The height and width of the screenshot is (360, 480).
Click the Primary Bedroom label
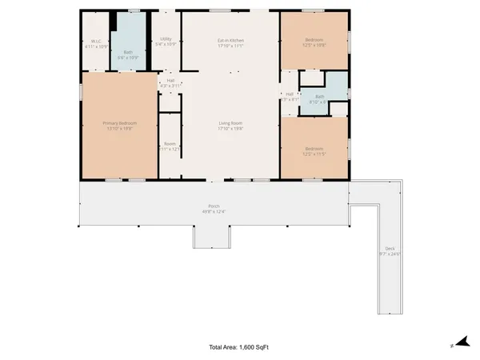[120, 122]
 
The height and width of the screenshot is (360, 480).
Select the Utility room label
[166, 38]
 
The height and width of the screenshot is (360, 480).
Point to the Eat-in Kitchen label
[231, 40]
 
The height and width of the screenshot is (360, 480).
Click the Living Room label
[231, 122]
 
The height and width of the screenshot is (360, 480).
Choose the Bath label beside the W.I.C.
[128, 53]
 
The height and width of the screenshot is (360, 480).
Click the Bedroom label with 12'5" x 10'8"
[314, 40]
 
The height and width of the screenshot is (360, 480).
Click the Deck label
[390, 249]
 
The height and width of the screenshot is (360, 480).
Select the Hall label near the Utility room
[170, 80]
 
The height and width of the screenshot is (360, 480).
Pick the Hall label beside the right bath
[290, 94]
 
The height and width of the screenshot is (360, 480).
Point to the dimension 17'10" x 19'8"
[231, 128]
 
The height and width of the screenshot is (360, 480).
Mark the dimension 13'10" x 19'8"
[120, 128]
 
